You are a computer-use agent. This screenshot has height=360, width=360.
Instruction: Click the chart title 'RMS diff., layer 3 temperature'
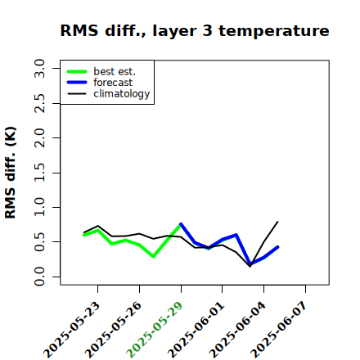pyautogui.click(x=195, y=31)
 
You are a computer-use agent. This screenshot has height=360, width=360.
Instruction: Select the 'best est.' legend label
pyautogui.click(x=115, y=71)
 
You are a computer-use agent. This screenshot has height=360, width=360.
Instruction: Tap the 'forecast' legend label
pyautogui.click(x=113, y=83)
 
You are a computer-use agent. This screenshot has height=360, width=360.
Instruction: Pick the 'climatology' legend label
pyautogui.click(x=122, y=94)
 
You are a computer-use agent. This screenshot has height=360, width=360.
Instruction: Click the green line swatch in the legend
pyautogui.click(x=77, y=71)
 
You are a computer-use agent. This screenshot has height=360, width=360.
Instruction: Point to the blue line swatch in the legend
pyautogui.click(x=77, y=83)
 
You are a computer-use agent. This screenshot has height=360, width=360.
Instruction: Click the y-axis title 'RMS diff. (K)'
pyautogui.click(x=11, y=173)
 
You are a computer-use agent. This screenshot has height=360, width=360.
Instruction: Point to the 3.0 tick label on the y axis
pyautogui.click(x=39, y=68)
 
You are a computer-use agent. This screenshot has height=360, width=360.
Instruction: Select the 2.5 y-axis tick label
pyautogui.click(x=39, y=103)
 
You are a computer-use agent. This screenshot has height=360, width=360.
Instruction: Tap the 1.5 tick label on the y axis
pyautogui.click(x=39, y=173)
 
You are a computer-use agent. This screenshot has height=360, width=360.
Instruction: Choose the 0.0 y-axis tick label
pyautogui.click(x=39, y=277)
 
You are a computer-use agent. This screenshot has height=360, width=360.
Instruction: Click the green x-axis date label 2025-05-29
pyautogui.click(x=154, y=330)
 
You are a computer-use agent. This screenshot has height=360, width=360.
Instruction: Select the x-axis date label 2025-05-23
pyautogui.click(x=71, y=330)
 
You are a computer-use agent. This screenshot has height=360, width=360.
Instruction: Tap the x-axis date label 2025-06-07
pyautogui.click(x=279, y=330)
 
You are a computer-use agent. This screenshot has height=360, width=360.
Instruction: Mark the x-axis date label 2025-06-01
pyautogui.click(x=196, y=330)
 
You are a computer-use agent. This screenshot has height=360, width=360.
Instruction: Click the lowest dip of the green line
pyautogui.click(x=153, y=257)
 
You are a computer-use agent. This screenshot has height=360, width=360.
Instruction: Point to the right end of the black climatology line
pyautogui.click(x=277, y=222)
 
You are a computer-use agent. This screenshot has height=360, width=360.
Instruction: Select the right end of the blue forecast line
pyautogui.click(x=277, y=247)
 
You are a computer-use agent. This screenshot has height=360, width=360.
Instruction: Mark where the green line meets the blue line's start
pyautogui.click(x=181, y=224)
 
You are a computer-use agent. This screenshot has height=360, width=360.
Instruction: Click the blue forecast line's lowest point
pyautogui.click(x=250, y=264)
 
